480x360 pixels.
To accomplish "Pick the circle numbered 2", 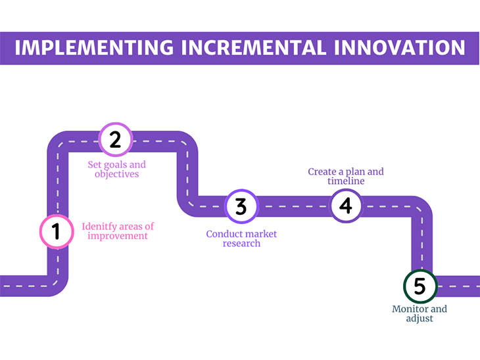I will [x=115, y=139].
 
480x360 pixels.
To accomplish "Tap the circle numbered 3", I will [x=241, y=206].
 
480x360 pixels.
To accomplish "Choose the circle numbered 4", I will [x=346, y=206].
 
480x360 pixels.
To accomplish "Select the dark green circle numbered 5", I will [x=420, y=286].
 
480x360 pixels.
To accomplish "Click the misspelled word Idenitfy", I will [x=98, y=227].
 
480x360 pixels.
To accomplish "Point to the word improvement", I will [x=118, y=236].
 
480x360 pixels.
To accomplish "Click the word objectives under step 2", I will [x=117, y=175].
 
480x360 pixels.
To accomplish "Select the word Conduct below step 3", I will [x=224, y=235].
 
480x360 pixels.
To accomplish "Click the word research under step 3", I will [x=241, y=244].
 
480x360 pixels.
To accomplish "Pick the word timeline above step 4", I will [x=346, y=181].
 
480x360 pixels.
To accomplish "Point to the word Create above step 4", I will [x=323, y=172].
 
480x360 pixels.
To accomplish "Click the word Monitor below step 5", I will [x=410, y=309].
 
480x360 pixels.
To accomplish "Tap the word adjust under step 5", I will [x=420, y=319].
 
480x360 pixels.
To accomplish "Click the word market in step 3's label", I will [x=260, y=235].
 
